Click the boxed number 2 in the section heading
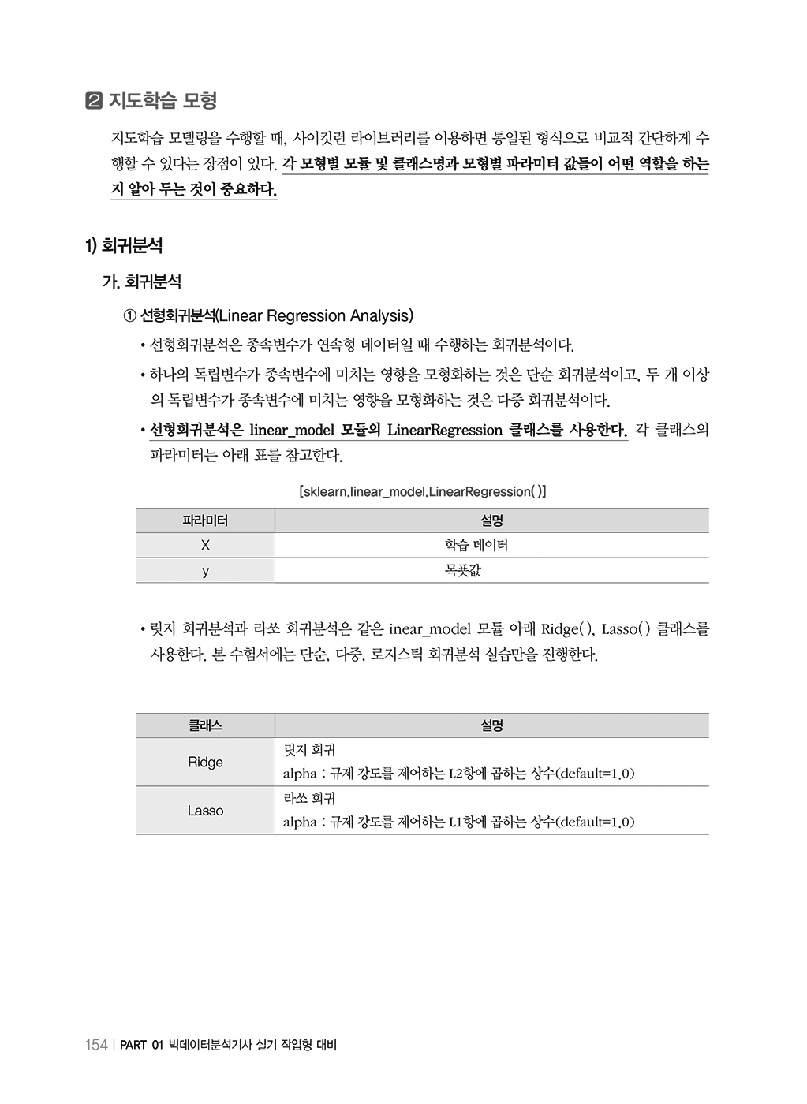click(93, 102)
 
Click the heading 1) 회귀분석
click(124, 246)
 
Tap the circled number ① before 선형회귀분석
click(130, 316)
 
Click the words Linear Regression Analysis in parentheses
click(314, 316)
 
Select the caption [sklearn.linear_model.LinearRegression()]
click(422, 492)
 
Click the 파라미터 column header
click(205, 520)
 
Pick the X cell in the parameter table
click(205, 546)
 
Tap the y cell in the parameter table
click(205, 571)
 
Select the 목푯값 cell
click(462, 571)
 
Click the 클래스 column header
click(205, 725)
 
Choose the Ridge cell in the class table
click(205, 763)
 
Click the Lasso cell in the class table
click(205, 811)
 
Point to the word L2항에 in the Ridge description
click(468, 774)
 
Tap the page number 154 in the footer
click(95, 1046)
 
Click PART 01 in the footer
click(142, 1046)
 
